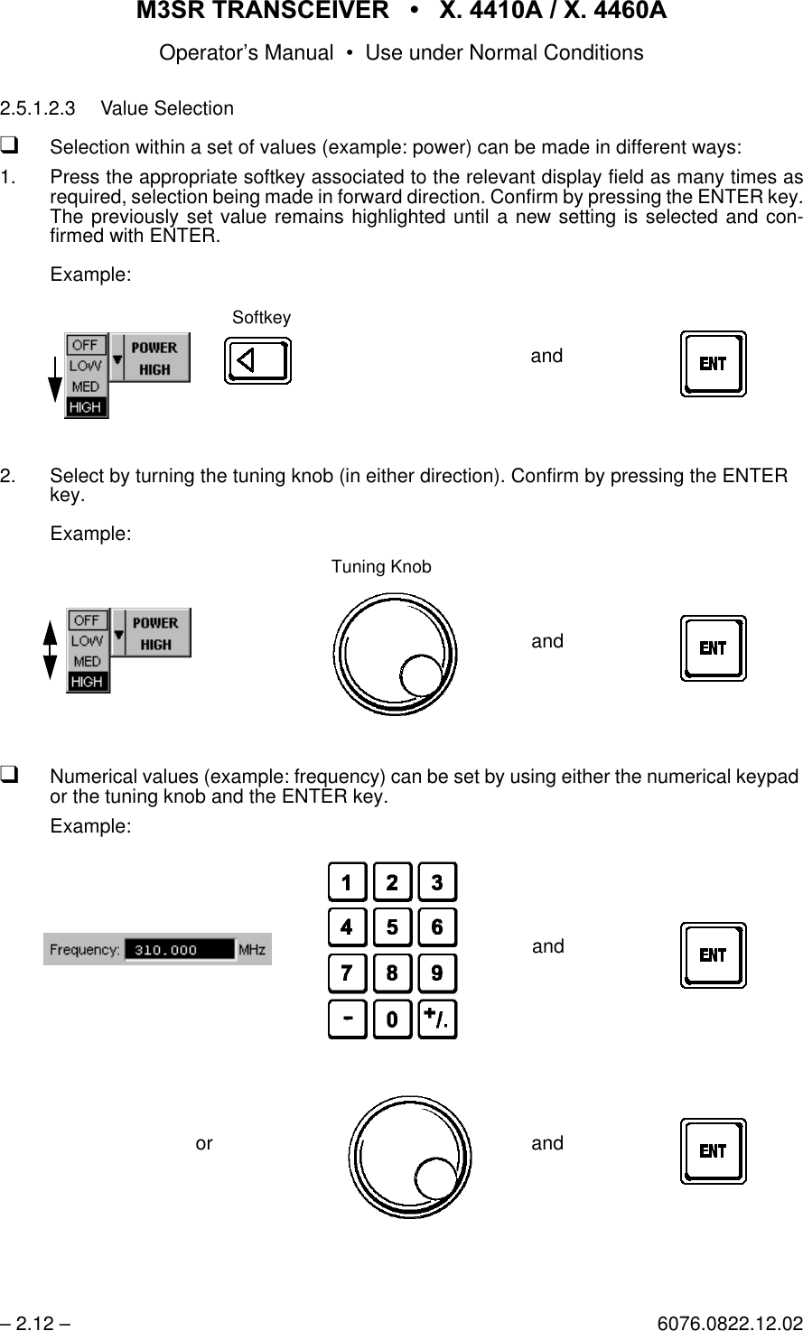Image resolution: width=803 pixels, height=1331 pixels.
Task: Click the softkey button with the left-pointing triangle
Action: (257, 361)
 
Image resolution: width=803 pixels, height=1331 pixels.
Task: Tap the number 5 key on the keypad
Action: (393, 927)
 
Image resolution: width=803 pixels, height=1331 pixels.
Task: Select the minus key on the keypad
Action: (348, 1019)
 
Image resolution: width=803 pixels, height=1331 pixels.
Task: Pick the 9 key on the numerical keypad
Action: (438, 973)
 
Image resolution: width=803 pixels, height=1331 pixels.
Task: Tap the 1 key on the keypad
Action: (348, 882)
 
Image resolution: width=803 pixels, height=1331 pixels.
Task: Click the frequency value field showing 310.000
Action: (178, 950)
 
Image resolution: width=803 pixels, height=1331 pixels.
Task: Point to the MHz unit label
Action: (251, 950)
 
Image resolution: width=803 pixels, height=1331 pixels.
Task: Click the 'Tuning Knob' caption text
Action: (381, 567)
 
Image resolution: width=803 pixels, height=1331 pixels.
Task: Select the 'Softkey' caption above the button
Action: (261, 317)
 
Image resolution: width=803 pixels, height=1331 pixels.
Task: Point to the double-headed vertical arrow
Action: (51, 651)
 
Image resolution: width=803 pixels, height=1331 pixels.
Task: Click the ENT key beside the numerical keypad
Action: (714, 955)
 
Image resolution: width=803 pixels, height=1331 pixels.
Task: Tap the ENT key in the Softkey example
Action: (714, 364)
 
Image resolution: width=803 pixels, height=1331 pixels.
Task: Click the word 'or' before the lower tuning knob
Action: (204, 1143)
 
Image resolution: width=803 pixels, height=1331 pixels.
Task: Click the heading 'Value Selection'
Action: (167, 108)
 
